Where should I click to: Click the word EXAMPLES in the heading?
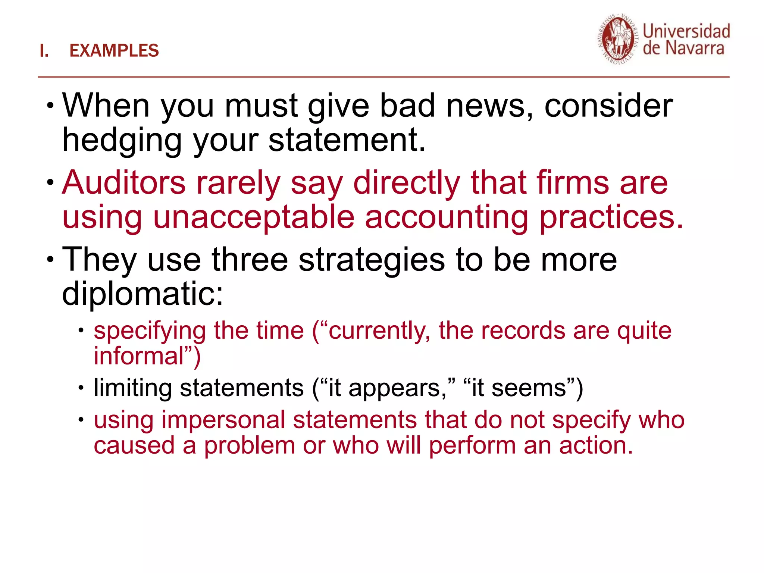click(x=114, y=51)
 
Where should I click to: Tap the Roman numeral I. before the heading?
click(x=44, y=51)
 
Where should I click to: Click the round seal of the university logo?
click(x=617, y=40)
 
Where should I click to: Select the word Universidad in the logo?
click(x=686, y=31)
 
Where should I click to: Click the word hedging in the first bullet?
click(x=122, y=141)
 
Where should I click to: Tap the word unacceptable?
click(x=254, y=217)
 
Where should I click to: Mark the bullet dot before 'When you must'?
click(x=50, y=106)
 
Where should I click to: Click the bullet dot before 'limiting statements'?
click(x=81, y=388)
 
